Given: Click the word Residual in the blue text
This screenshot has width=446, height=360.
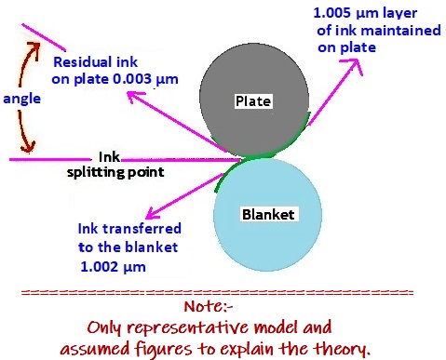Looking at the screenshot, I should (x=81, y=62).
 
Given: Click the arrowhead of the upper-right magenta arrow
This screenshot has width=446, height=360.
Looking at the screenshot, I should (x=358, y=61).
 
